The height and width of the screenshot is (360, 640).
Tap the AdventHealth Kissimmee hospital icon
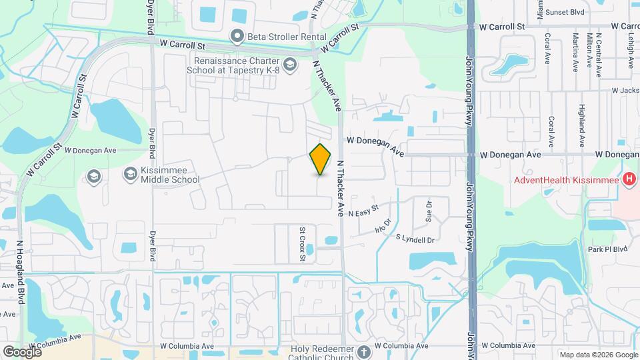[627, 179]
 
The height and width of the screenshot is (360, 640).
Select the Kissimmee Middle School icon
[130, 174]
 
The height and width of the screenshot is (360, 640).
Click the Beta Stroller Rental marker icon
[237, 36]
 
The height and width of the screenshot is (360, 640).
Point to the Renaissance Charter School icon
[289, 64]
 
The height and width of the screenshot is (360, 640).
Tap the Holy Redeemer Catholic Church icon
[364, 351]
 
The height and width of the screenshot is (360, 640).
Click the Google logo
[22, 352]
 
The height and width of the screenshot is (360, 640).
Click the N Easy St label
[363, 212]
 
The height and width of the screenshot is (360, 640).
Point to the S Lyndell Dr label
[415, 238]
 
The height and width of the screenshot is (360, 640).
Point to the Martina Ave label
[573, 51]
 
